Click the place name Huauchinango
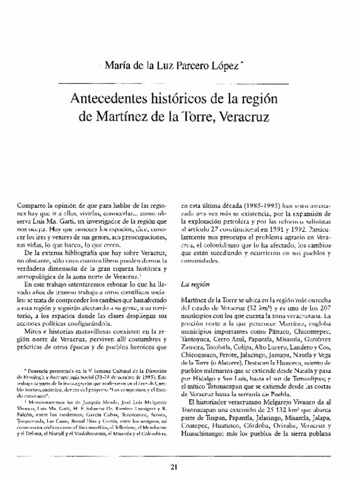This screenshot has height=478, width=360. coord(207,448)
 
